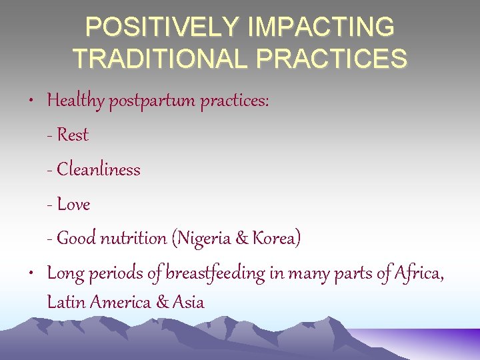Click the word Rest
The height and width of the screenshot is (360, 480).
click(x=73, y=135)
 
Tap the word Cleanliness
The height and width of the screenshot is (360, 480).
click(x=99, y=169)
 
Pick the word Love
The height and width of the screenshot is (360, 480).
click(x=74, y=204)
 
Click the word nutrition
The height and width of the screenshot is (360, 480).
click(x=133, y=238)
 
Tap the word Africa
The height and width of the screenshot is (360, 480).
click(x=419, y=273)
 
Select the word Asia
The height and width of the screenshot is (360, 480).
click(x=188, y=302)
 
